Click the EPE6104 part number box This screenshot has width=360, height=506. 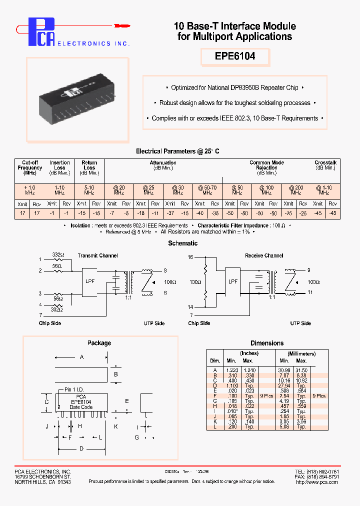pos(235,56)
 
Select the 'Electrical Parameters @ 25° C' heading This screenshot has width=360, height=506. pos(177,151)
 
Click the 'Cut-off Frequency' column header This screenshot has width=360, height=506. pos(30,167)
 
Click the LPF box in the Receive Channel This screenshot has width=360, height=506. pos(233,281)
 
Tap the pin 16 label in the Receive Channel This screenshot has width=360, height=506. pos(190,256)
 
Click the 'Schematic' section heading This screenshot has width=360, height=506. pos(182,243)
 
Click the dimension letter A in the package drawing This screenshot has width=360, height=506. pos(81,357)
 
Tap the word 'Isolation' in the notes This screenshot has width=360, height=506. pos(80,225)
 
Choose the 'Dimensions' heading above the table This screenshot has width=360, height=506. pos(267,343)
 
